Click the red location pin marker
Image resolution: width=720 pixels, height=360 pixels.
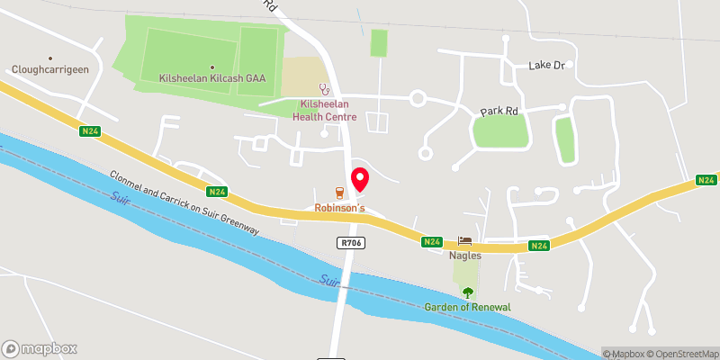coord(359,178)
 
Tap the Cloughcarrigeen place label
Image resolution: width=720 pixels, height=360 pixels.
coord(50,69)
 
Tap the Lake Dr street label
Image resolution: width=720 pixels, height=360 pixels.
coord(546,66)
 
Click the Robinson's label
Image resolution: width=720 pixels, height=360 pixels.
coord(338,208)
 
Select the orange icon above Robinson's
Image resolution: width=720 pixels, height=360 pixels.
coord(339,192)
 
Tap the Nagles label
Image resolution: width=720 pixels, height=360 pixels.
coord(465,256)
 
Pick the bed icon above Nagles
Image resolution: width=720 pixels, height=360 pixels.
coord(465,240)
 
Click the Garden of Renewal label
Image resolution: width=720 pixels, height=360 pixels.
coord(467,307)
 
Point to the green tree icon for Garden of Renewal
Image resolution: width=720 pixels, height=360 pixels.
coord(467,292)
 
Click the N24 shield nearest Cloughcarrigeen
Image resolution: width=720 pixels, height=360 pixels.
coord(89,131)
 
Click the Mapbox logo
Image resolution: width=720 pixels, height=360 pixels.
coord(40,348)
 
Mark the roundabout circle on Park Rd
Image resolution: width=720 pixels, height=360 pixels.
coord(417,98)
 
